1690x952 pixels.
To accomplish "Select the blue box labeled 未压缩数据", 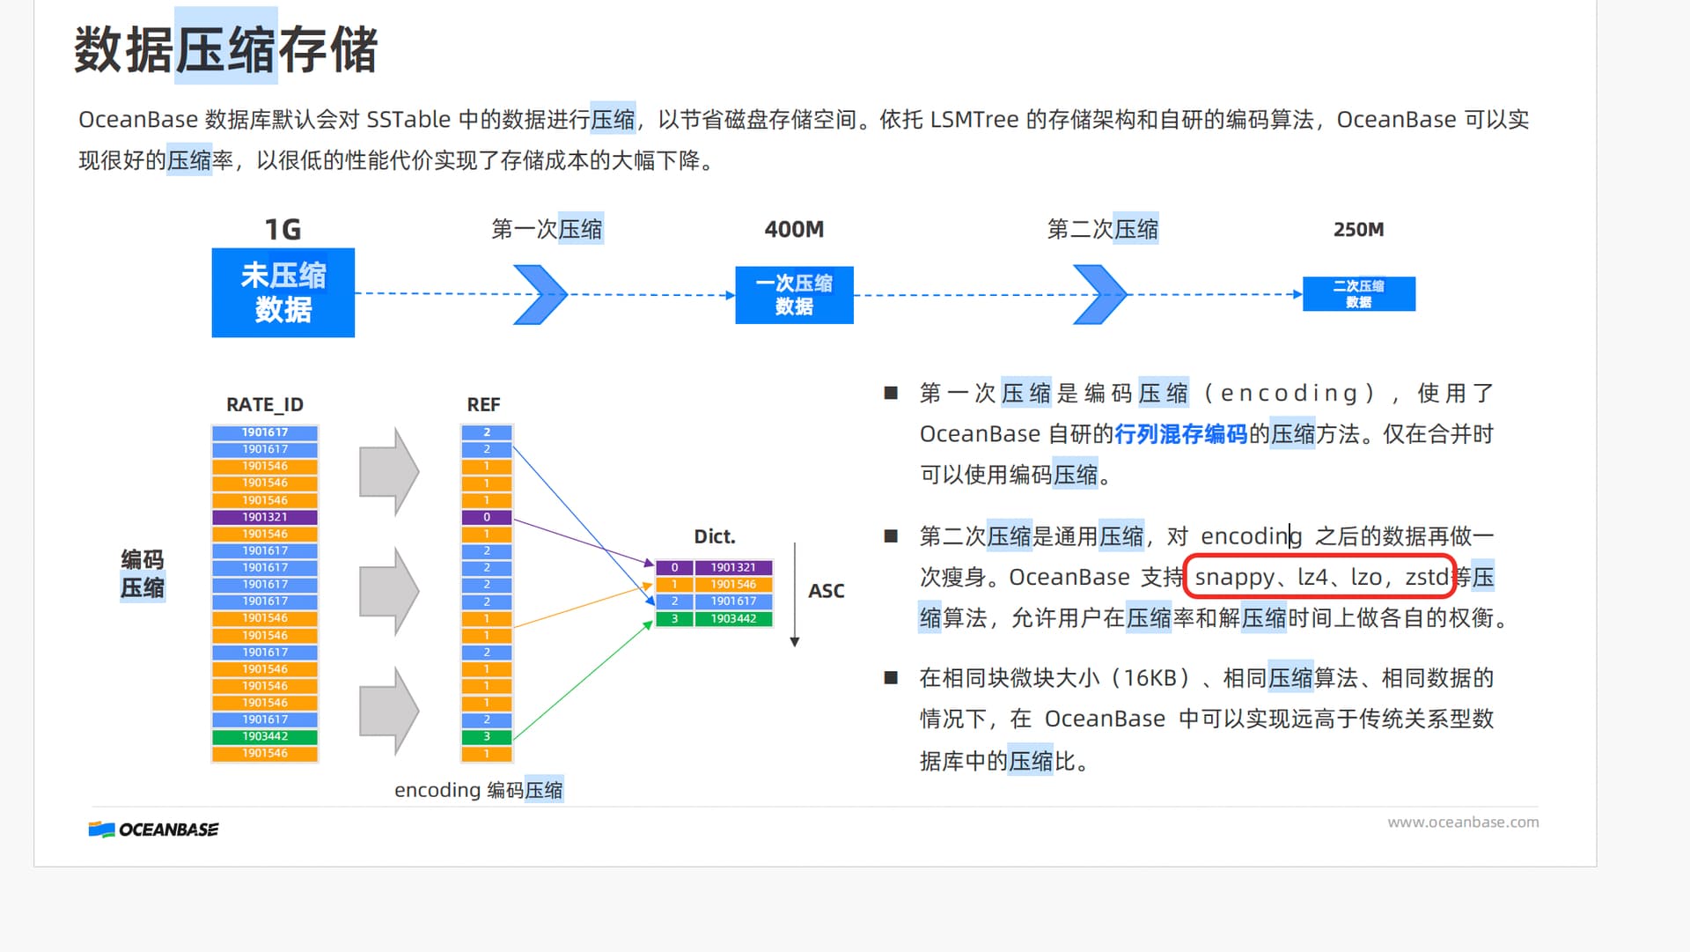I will tap(283, 292).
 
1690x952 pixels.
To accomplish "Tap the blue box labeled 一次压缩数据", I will tap(794, 295).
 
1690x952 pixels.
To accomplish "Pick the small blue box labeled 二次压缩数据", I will tap(1358, 294).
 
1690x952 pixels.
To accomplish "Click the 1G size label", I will tap(283, 230).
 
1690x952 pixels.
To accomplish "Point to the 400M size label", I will tap(794, 230).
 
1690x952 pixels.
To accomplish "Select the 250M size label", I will tap(1358, 230).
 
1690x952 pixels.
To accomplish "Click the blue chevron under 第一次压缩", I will tap(540, 294).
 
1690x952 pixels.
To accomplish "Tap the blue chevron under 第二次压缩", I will tap(1099, 294).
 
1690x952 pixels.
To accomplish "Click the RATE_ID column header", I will tap(264, 404).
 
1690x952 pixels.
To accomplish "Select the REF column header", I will tap(483, 404).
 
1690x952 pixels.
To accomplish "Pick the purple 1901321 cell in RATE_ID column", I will tap(265, 517).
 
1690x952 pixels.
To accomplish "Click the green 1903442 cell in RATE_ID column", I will tap(265, 736).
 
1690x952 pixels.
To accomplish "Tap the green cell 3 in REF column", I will tap(487, 736).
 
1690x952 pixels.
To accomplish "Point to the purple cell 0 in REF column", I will tap(487, 517).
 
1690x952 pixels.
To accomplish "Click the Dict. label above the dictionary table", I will tap(714, 536).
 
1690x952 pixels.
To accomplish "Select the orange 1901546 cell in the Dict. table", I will tap(732, 584).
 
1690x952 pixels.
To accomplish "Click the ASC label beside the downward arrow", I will tap(826, 591).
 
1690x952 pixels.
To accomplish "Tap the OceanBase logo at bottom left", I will tap(154, 830).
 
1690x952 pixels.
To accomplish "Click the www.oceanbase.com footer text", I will tap(1463, 822).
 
